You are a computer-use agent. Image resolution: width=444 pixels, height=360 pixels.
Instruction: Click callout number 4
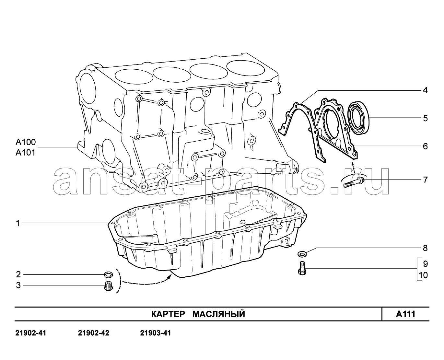[x=425, y=90]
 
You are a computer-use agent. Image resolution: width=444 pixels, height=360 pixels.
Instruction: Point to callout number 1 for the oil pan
[x=18, y=223]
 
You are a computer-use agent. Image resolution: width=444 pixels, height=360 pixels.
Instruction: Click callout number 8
[x=425, y=248]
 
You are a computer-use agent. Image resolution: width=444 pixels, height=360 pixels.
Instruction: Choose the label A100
[x=26, y=142]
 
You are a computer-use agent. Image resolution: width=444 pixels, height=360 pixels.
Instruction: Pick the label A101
[x=25, y=153]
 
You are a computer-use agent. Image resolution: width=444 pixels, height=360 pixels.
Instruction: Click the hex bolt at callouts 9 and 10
[x=302, y=268]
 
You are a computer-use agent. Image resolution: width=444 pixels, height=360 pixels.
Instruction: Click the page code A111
[x=405, y=314]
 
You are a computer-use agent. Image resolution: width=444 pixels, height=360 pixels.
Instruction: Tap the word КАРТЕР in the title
[x=168, y=314]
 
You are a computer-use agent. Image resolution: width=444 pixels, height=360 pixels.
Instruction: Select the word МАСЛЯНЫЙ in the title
[x=219, y=314]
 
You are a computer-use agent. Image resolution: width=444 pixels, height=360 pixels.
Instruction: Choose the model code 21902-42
[x=94, y=333]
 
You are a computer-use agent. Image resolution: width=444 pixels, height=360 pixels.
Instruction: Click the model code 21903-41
[x=156, y=333]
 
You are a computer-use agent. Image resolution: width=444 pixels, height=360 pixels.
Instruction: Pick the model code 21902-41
[x=31, y=333]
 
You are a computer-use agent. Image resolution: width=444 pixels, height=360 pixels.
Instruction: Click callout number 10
[x=423, y=275]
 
